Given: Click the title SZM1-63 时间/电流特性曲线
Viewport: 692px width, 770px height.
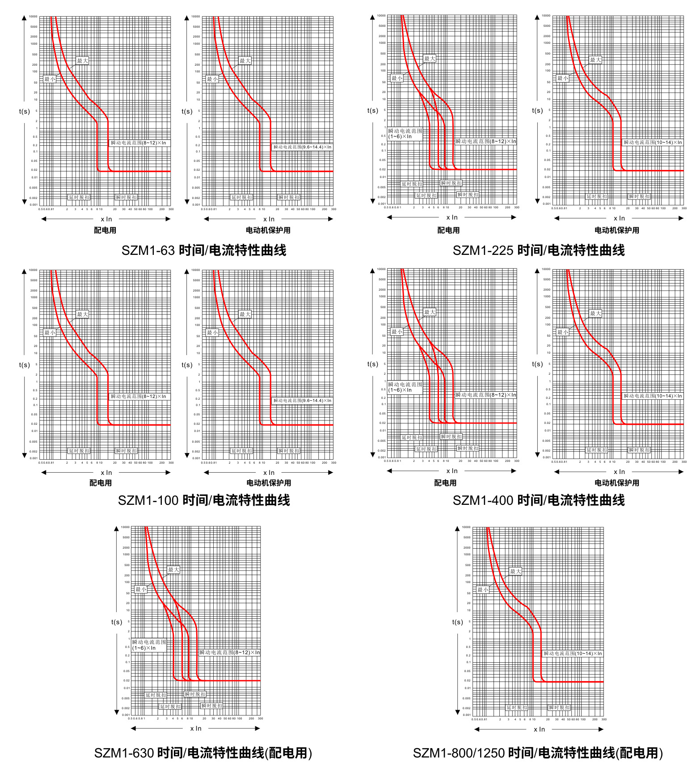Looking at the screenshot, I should coord(204,250).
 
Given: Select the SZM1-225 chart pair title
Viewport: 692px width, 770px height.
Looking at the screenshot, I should coord(539,250).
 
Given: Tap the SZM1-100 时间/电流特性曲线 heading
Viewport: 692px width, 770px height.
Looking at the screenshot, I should coord(204,500).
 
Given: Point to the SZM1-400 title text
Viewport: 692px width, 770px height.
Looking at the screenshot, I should coord(539,500).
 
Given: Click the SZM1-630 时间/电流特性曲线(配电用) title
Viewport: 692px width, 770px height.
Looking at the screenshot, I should coord(203,753).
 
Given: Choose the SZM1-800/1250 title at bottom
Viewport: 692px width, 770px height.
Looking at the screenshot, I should coord(538,753).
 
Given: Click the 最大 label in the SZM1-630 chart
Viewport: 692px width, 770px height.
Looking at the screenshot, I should coord(173,570).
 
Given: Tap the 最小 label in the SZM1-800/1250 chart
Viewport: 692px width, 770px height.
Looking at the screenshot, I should coord(483,590).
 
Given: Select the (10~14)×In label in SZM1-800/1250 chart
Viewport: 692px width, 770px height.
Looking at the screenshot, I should coord(573,654).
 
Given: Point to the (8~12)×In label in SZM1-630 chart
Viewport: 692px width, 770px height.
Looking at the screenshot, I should coord(229,652).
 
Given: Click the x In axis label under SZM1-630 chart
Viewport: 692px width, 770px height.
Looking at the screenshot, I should coord(196,728).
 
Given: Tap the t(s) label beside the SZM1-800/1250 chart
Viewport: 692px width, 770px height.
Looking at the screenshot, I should coord(457,622).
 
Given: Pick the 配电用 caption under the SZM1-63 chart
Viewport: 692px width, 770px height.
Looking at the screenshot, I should coord(105,230).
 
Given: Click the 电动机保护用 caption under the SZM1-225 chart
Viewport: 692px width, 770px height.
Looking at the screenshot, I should coord(616,230).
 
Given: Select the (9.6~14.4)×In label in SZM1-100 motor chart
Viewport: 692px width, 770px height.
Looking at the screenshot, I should coord(302,401).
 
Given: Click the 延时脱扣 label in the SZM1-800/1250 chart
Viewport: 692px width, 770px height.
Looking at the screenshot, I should coord(517,708).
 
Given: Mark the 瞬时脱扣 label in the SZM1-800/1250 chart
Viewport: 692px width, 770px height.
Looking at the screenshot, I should coord(559,708).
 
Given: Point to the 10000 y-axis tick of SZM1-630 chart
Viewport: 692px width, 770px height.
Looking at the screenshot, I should coord(125,527).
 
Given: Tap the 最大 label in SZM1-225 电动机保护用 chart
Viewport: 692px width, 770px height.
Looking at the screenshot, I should coord(595,60).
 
